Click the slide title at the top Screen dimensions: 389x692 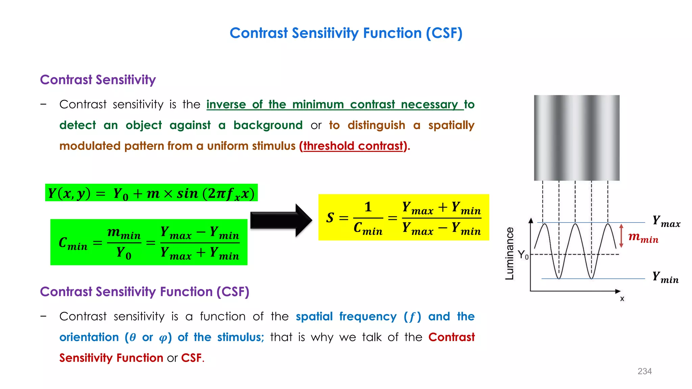pyautogui.click(x=346, y=33)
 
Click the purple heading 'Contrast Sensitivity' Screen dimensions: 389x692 pyautogui.click(x=98, y=80)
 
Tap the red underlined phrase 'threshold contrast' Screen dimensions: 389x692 pyautogui.click(x=353, y=146)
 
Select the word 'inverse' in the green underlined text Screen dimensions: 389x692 pyautogui.click(x=226, y=104)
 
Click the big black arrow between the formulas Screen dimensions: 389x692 pyautogui.click(x=280, y=220)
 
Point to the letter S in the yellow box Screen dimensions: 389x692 pyautogui.click(x=330, y=218)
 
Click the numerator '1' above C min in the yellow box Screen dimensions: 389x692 pyautogui.click(x=368, y=207)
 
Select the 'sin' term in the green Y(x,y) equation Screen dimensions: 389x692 pyautogui.click(x=187, y=193)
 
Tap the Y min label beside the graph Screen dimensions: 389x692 pyautogui.click(x=665, y=277)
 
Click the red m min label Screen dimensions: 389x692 pyautogui.click(x=643, y=237)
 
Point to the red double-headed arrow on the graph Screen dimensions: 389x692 pyautogui.click(x=621, y=236)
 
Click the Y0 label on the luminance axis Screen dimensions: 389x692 pyautogui.click(x=523, y=255)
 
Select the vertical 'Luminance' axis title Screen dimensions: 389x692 pyautogui.click(x=509, y=253)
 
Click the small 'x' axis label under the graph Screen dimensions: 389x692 pyautogui.click(x=622, y=299)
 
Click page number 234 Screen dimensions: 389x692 pyautogui.click(x=644, y=371)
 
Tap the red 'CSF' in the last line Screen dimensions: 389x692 pyautogui.click(x=191, y=358)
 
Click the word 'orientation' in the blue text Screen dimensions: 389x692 pyautogui.click(x=89, y=337)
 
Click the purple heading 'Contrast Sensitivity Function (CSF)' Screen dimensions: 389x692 pyautogui.click(x=144, y=292)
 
